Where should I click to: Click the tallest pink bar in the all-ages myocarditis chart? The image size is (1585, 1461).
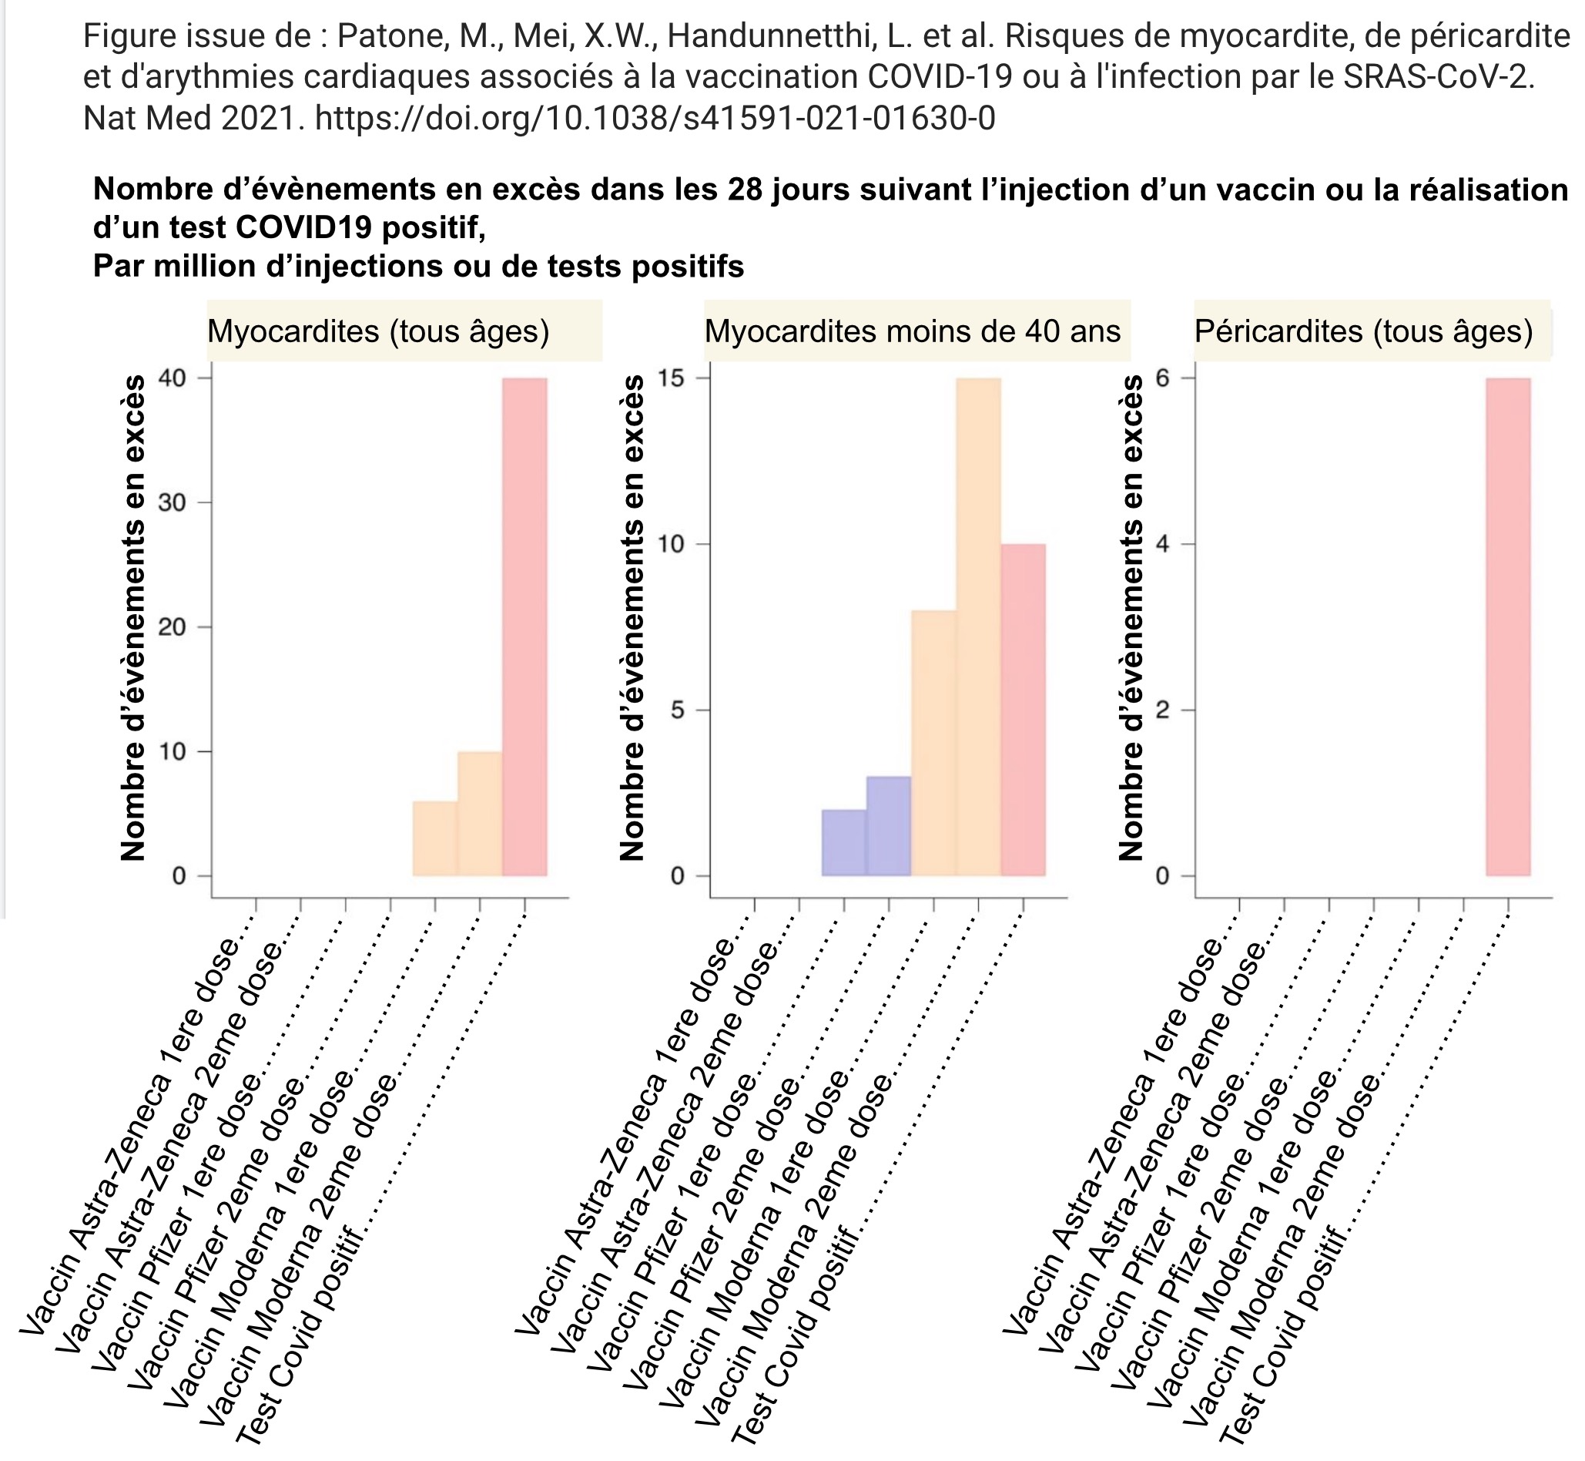pyautogui.click(x=524, y=627)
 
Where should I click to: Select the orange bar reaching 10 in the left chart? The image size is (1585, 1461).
pyautogui.click(x=480, y=814)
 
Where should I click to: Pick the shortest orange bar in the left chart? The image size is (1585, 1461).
pyautogui.click(x=435, y=839)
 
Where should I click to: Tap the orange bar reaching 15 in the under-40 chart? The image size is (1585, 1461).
pyautogui.click(x=978, y=627)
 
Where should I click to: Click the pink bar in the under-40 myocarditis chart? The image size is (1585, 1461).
pyautogui.click(x=1024, y=710)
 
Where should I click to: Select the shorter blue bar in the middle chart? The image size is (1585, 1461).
pyautogui.click(x=844, y=843)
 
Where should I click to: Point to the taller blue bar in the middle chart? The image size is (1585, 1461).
pyautogui.click(x=889, y=826)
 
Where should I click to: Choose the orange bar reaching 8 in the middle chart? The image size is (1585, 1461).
pyautogui.click(x=934, y=743)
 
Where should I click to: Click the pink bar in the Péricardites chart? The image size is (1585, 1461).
pyautogui.click(x=1508, y=627)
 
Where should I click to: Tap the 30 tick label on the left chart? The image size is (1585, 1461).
pyautogui.click(x=173, y=503)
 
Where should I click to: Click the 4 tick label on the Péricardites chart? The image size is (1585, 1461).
pyautogui.click(x=1162, y=544)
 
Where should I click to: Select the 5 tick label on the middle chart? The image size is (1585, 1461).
pyautogui.click(x=677, y=710)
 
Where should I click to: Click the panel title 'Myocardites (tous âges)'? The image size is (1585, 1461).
pyautogui.click(x=378, y=331)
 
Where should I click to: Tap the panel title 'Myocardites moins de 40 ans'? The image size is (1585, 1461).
pyautogui.click(x=913, y=331)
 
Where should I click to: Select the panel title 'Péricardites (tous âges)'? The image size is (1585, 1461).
pyautogui.click(x=1364, y=331)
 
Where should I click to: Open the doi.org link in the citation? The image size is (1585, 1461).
pyautogui.click(x=655, y=118)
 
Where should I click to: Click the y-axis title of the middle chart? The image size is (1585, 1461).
pyautogui.click(x=632, y=617)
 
